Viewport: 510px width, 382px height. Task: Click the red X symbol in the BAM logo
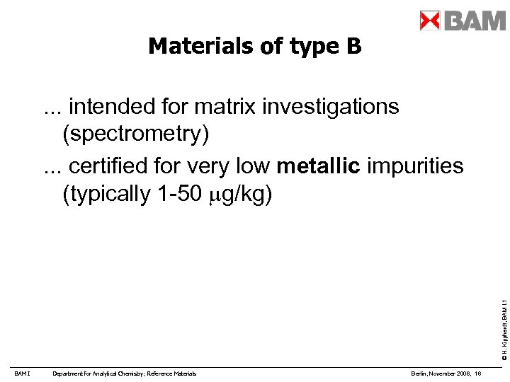430,21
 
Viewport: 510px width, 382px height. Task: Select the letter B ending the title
353,47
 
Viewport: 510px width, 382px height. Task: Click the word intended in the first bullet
114,107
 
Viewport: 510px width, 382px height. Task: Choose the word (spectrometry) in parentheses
136,134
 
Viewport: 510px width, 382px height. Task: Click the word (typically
105,195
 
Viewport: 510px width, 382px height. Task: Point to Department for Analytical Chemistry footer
125,373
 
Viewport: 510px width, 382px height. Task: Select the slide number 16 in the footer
479,373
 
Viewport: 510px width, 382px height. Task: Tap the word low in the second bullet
251,166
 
